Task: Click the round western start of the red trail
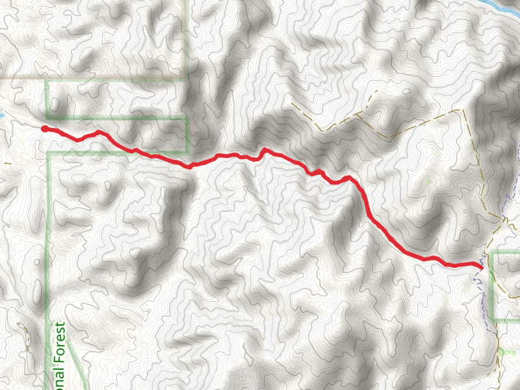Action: coord(44,129)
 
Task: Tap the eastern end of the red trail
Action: coord(481,266)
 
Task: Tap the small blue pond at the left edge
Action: coord(2,116)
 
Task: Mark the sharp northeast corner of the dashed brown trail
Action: coord(463,110)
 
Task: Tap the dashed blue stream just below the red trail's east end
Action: coord(481,286)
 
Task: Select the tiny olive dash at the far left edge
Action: coord(6,163)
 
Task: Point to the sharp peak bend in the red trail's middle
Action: coord(264,150)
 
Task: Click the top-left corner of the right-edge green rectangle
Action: coord(491,252)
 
